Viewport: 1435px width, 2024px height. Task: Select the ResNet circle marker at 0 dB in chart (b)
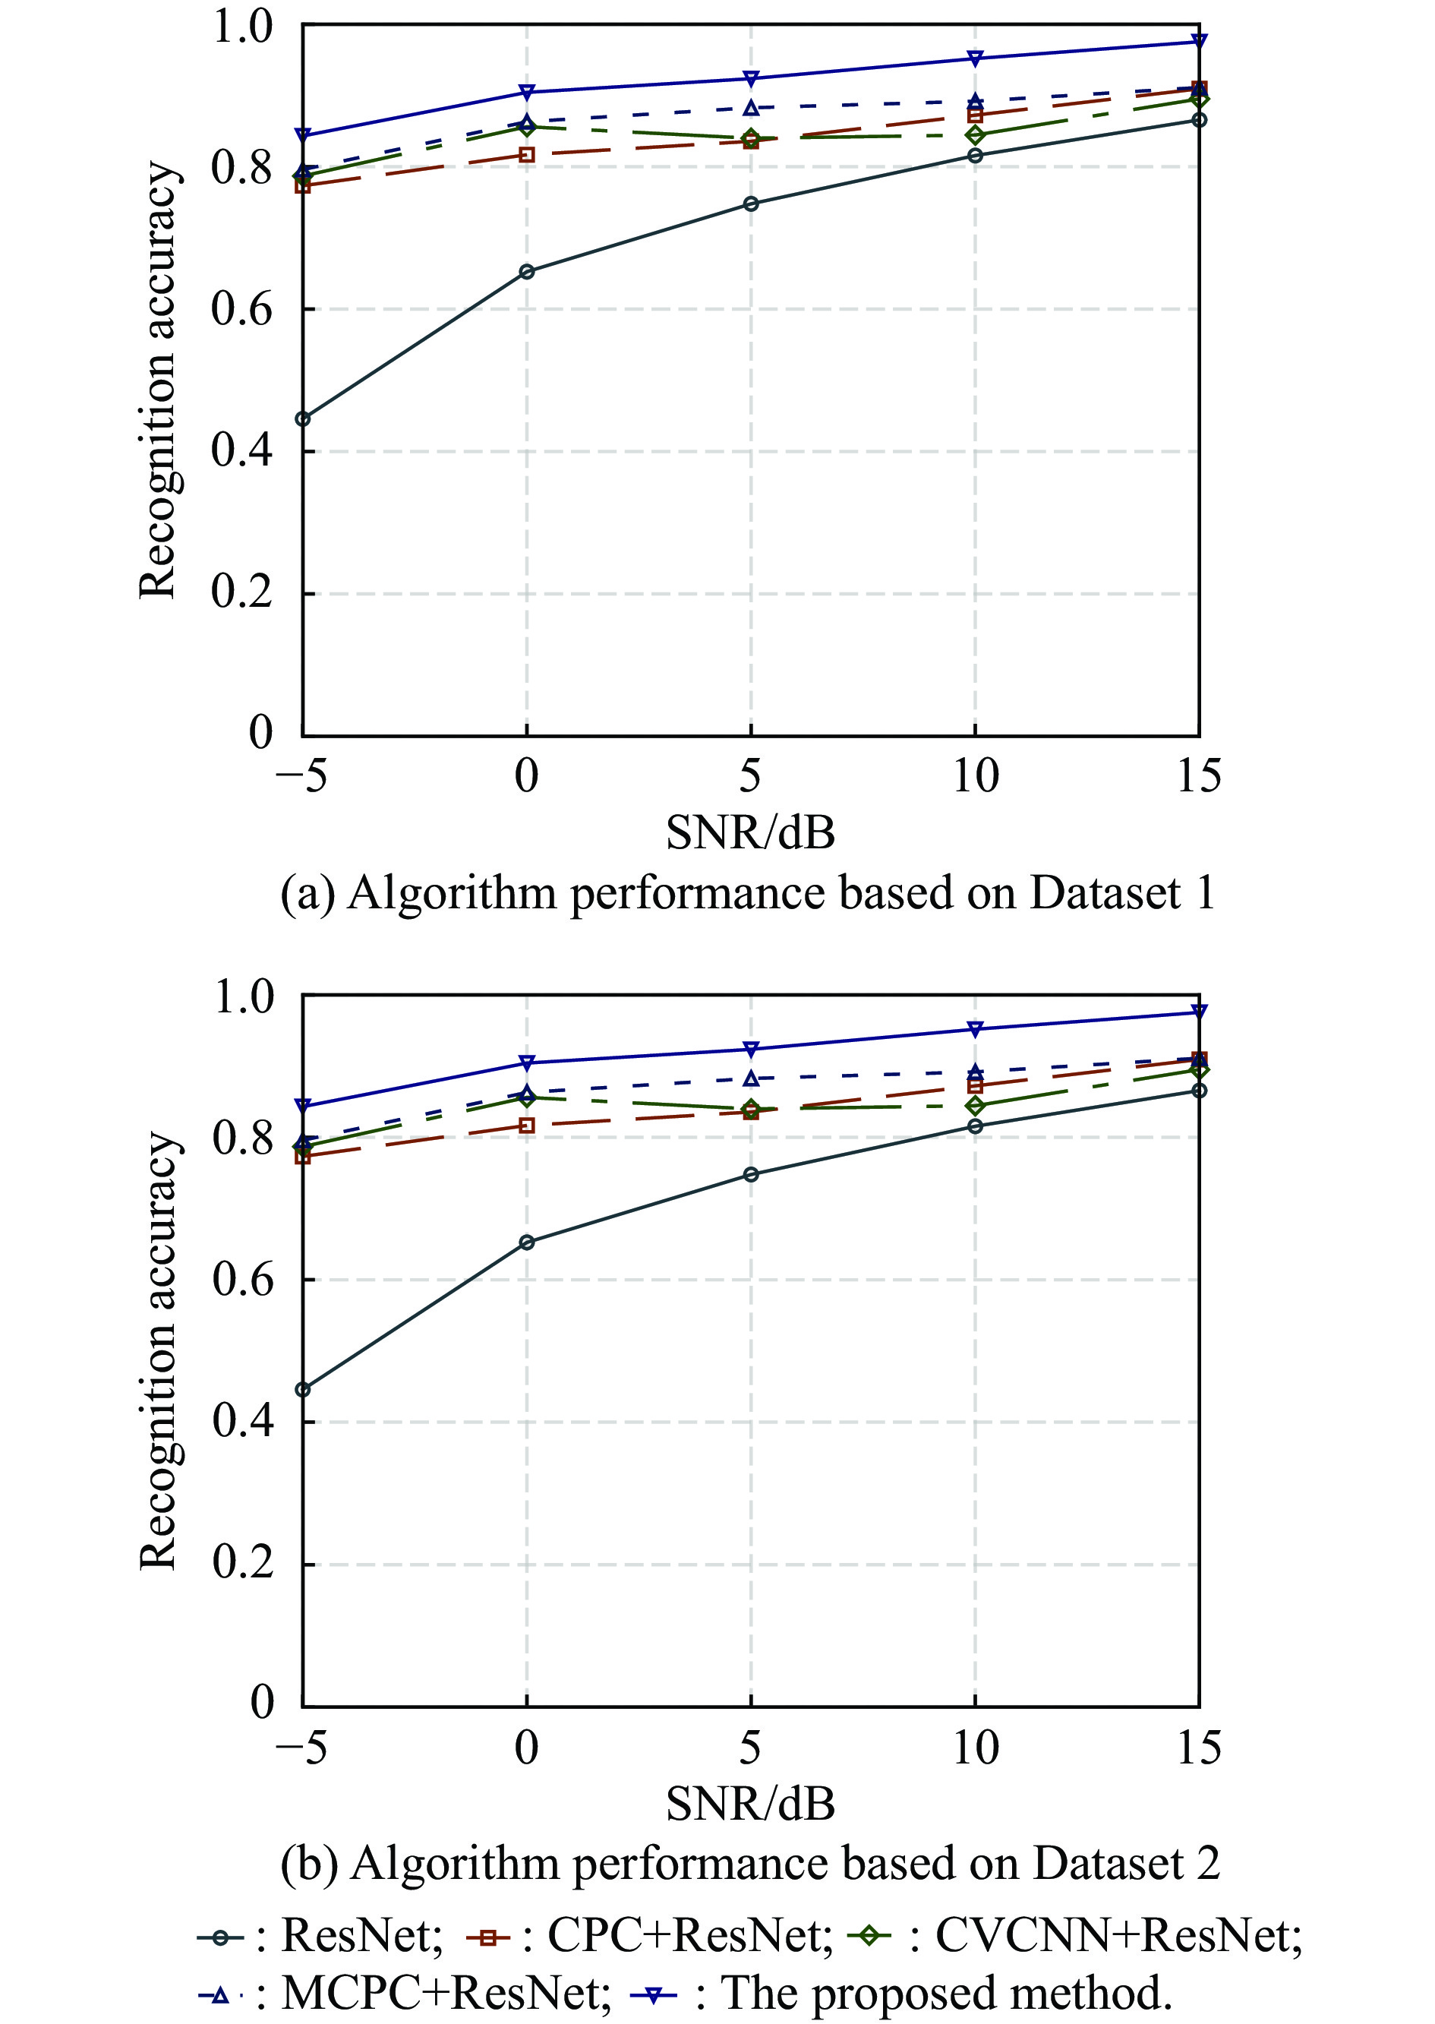click(x=527, y=1242)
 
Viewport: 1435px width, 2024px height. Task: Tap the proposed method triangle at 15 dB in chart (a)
click(x=1199, y=41)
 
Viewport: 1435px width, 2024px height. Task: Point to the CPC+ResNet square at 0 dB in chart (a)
click(x=527, y=155)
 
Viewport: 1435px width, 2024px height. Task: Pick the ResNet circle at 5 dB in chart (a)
click(x=750, y=204)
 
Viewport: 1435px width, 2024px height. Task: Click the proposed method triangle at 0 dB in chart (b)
click(x=527, y=1062)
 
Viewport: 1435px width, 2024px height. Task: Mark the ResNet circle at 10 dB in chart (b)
click(x=975, y=1126)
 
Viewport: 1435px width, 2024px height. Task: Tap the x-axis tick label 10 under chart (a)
click(x=976, y=776)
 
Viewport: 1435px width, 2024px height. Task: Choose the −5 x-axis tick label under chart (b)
click(x=301, y=1748)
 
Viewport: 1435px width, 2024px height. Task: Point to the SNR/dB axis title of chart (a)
click(x=750, y=832)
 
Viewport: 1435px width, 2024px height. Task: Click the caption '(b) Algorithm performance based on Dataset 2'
click(x=749, y=1863)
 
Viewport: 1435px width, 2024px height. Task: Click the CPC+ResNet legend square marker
click(x=486, y=1937)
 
